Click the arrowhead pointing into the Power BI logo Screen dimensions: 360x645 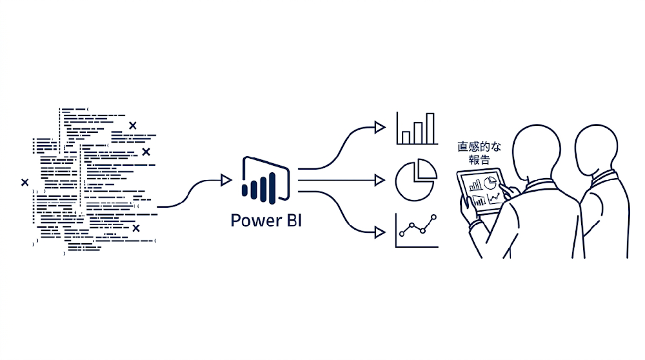tap(225, 179)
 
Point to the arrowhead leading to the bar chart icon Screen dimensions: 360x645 tap(380, 127)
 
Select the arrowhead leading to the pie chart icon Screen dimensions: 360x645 tap(380, 179)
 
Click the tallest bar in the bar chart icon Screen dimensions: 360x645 tap(430, 129)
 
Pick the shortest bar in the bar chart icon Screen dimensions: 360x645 tap(406, 137)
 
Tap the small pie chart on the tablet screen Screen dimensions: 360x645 tap(492, 179)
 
